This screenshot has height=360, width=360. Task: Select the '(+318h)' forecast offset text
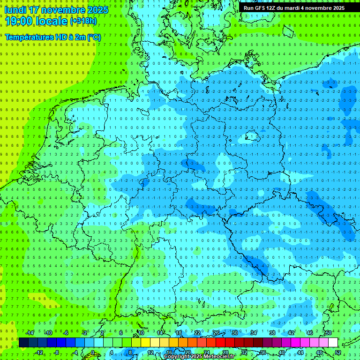[83, 21]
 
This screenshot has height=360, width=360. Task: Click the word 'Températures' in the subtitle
[29, 37]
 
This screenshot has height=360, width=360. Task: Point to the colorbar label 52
[338, 352]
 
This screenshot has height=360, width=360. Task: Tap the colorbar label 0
[93, 352]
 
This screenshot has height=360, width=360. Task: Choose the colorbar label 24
[206, 352]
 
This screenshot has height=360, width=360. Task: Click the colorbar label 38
[272, 333]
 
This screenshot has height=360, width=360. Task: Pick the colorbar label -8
[56, 352]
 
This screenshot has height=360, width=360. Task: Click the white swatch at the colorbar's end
[333, 343]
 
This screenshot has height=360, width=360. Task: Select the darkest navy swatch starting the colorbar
[23, 343]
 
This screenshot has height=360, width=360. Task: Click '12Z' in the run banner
[271, 8]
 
